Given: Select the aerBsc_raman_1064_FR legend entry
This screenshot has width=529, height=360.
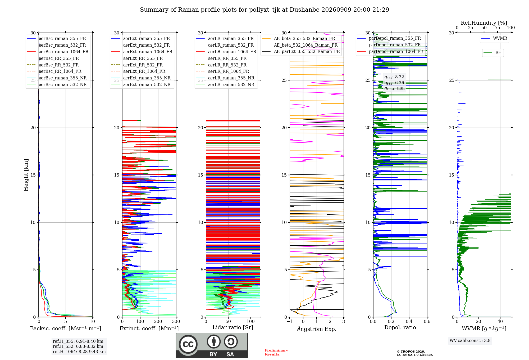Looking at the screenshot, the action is click(58, 52).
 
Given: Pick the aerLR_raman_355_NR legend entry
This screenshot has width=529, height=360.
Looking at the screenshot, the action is click(225, 78).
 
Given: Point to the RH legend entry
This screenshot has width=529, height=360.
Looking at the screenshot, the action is click(492, 53).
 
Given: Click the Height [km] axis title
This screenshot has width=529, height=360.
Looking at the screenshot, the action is click(26, 175).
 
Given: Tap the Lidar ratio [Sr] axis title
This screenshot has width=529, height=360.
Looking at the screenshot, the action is click(233, 327).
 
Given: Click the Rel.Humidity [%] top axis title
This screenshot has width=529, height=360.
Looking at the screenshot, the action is click(484, 23).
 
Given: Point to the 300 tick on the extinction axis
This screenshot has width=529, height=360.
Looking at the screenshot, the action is click(176, 321).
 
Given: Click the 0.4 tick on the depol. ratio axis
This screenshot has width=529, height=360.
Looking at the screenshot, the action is click(409, 321).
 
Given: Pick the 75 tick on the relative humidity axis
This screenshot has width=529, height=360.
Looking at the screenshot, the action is click(498, 28).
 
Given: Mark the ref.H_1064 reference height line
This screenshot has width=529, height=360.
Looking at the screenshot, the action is click(79, 352).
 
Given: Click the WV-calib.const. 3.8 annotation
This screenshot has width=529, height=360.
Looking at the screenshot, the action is click(470, 340).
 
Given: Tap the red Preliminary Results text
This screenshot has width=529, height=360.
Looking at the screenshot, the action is click(276, 352).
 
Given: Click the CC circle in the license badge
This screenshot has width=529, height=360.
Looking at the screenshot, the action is click(188, 344).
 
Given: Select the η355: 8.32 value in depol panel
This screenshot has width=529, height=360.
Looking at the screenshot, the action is click(394, 77).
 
